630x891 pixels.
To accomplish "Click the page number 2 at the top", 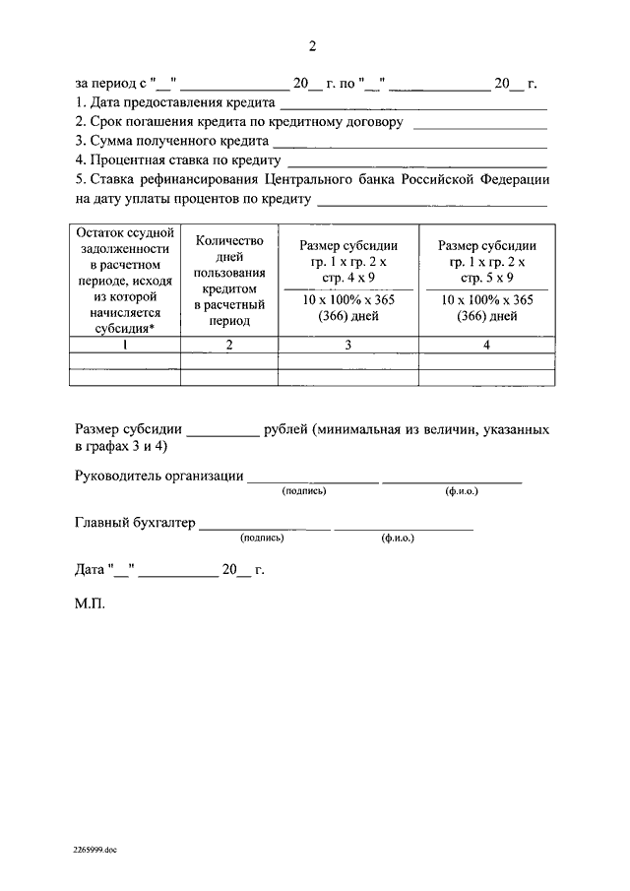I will [x=312, y=46].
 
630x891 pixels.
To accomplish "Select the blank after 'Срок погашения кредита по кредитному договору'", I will [x=480, y=126].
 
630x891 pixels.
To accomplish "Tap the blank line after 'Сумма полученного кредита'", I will [x=411, y=145].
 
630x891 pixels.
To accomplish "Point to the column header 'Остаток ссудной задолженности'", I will [x=124, y=280].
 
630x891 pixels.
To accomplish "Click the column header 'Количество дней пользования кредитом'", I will [x=228, y=280].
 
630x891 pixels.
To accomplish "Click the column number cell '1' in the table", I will [x=124, y=346].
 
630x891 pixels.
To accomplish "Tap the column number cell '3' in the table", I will [x=348, y=346].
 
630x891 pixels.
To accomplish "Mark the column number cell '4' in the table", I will [x=487, y=346].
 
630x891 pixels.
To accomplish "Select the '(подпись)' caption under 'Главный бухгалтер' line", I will [x=262, y=539].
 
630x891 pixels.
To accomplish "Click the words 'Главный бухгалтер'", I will [x=135, y=523].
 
